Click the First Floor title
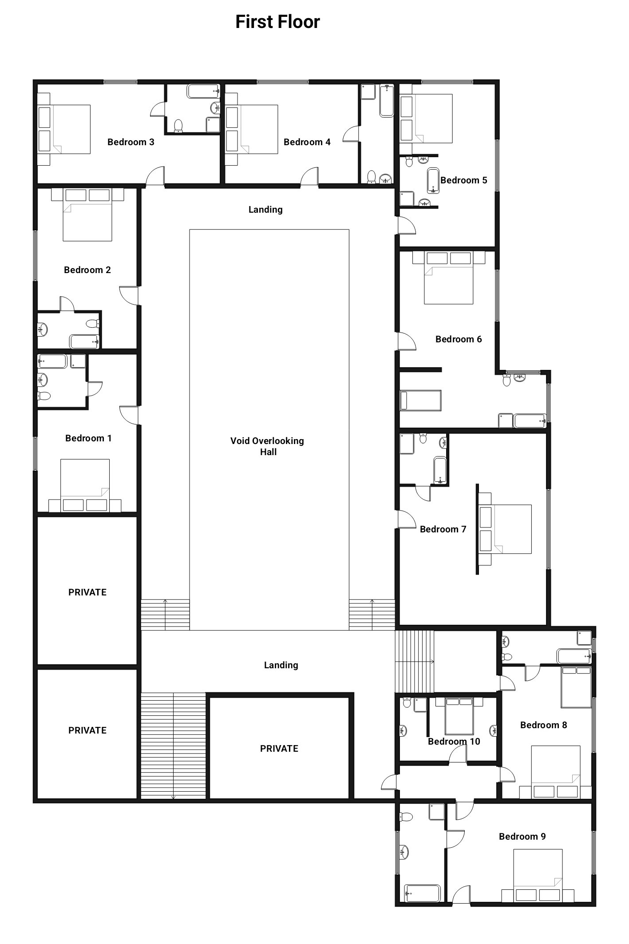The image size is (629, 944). point(277,22)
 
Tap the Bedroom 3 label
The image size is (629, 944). point(131,142)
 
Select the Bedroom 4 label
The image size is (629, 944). point(307,142)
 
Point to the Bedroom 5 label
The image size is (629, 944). point(464,180)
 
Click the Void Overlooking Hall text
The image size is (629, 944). point(267,446)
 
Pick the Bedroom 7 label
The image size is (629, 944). point(443,529)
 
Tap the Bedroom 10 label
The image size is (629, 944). point(454,742)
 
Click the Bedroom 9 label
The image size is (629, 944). point(522,837)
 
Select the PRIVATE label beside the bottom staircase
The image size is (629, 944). point(279,749)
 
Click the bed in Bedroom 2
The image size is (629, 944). point(87,215)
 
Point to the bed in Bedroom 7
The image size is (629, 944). point(505,529)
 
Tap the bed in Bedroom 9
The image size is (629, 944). point(538,875)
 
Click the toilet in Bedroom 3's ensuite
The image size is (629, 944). point(178,126)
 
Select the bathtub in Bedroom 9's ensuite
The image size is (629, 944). point(422,893)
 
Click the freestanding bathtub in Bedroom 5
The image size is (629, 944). point(433,181)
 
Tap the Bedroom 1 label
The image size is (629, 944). point(88,438)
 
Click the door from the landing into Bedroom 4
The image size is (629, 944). point(310,177)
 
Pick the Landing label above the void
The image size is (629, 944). point(265,210)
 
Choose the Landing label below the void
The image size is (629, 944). point(281,665)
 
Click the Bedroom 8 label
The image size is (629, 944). point(544,725)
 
